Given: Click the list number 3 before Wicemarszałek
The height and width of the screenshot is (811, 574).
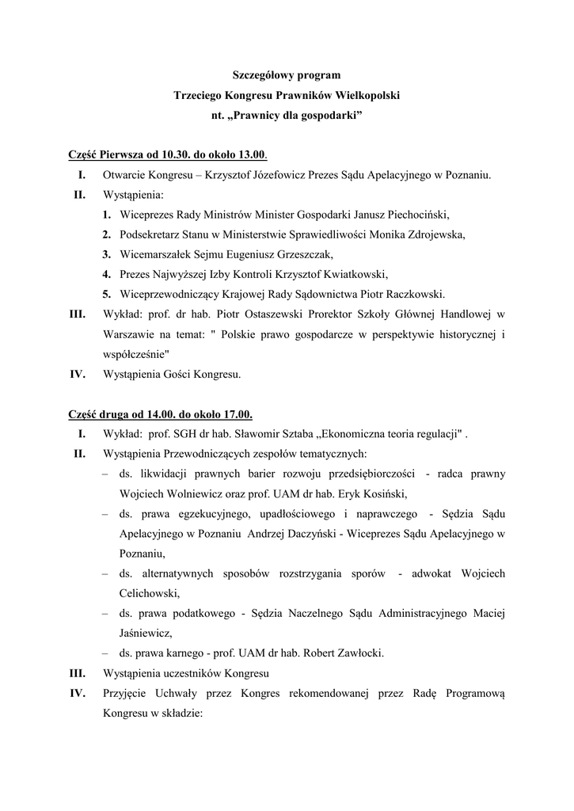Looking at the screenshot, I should point(105,254).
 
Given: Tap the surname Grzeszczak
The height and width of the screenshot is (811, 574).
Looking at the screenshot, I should point(302,254).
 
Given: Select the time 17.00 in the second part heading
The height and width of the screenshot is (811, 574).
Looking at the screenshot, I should point(238,414).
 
